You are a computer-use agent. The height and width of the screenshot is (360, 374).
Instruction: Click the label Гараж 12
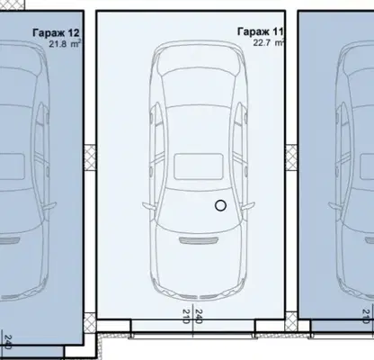pyautogui.click(x=56, y=32)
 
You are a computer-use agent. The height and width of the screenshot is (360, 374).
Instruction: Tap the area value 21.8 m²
pyautogui.click(x=65, y=44)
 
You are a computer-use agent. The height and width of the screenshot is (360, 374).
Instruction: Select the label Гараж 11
pyautogui.click(x=260, y=31)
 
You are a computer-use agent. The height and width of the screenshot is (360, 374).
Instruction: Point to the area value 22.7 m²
pyautogui.click(x=268, y=42)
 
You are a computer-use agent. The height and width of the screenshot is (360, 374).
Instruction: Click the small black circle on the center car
pyautogui.click(x=220, y=206)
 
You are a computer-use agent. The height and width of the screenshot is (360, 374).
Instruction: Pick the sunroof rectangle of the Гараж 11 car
pyautogui.click(x=199, y=166)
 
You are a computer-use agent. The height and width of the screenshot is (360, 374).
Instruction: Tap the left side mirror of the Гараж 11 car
pyautogui.click(x=149, y=207)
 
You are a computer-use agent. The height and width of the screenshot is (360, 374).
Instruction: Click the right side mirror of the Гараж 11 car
pyautogui.click(x=247, y=207)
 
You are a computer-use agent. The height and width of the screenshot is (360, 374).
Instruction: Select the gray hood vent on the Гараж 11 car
pyautogui.click(x=199, y=240)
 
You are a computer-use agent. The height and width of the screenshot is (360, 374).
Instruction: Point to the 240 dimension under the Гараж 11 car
pyautogui.click(x=199, y=317)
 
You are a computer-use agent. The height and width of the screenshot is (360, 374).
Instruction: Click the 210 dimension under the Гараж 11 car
pyautogui.click(x=186, y=317)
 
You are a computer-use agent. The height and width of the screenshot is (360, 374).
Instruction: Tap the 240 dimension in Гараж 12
pyautogui.click(x=8, y=343)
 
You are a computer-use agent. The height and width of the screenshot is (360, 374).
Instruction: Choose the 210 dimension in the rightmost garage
pyautogui.click(x=366, y=317)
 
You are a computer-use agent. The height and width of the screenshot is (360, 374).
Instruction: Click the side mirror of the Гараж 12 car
pyautogui.click(x=49, y=207)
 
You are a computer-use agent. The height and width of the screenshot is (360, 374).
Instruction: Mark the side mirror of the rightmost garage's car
pyautogui.click(x=336, y=207)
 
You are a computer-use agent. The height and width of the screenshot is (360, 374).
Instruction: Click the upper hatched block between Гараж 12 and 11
pyautogui.click(x=90, y=157)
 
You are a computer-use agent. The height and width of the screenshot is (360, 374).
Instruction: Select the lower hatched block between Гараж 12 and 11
pyautogui.click(x=90, y=322)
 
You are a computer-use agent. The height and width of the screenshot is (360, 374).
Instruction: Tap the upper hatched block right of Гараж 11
pyautogui.click(x=291, y=157)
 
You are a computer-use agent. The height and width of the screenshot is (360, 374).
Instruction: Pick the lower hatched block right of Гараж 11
pyautogui.click(x=291, y=321)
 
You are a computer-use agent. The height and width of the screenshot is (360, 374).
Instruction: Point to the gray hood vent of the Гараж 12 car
pyautogui.click(x=9, y=240)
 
